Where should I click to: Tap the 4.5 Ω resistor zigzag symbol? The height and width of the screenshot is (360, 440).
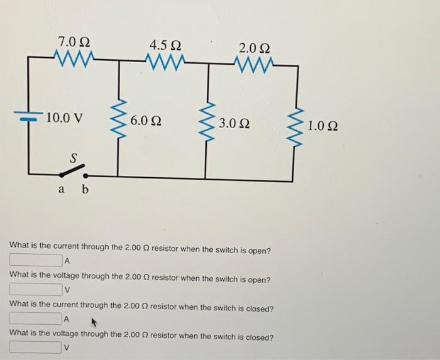point(165,61)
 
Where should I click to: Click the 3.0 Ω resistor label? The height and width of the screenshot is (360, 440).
point(234,122)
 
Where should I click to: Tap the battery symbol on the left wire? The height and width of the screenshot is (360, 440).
point(28,116)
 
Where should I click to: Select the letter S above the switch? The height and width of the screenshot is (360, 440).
point(73,159)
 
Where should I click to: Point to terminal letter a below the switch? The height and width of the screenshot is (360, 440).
point(62,188)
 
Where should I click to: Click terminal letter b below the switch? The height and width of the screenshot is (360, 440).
point(85,188)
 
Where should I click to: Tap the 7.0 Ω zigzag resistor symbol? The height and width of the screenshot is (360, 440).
point(74,60)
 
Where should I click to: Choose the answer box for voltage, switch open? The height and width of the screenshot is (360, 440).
point(35,290)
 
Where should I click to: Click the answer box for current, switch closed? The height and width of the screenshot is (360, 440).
point(35,319)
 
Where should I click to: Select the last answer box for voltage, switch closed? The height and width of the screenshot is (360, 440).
point(35,347)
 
